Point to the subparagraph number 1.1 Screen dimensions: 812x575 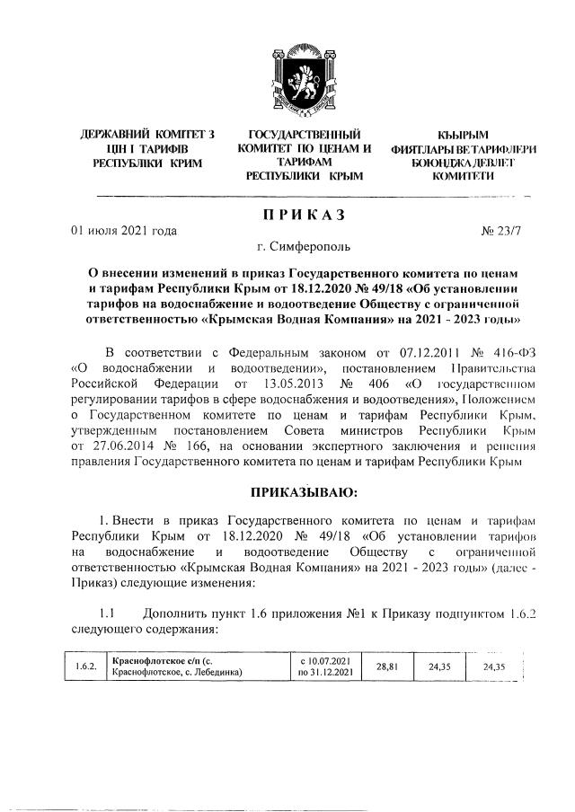108,613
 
